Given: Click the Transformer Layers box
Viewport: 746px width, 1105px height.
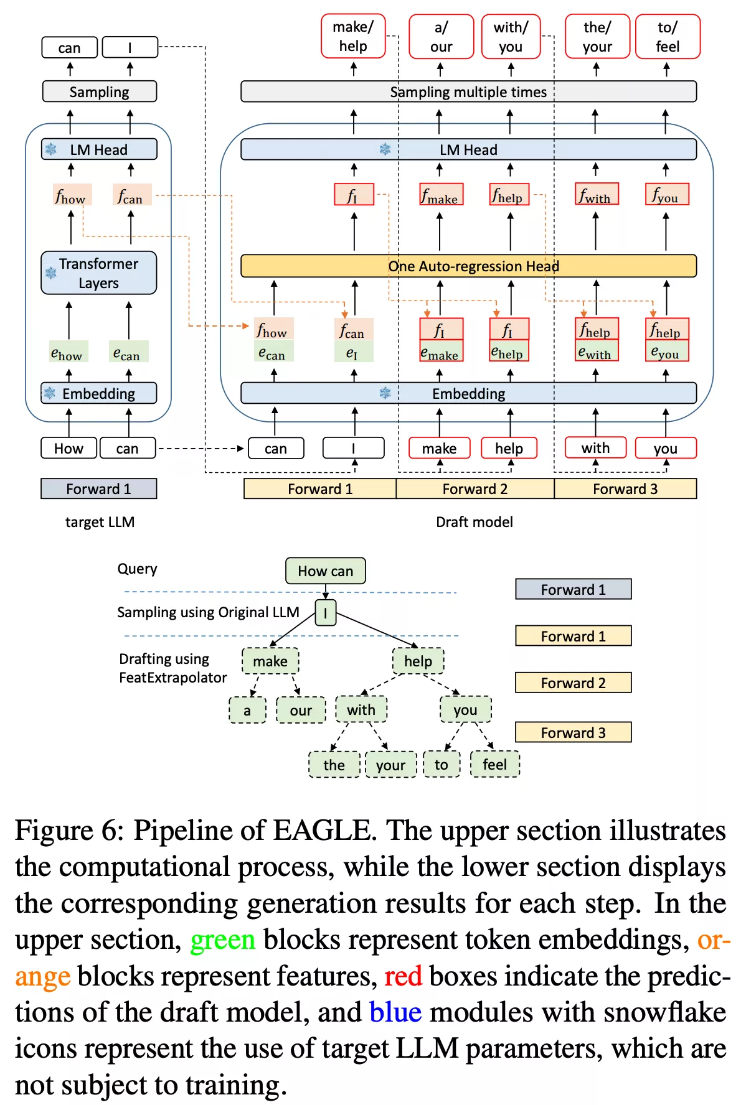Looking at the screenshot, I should (x=99, y=273).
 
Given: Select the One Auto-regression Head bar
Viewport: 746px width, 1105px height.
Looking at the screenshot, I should (x=468, y=266).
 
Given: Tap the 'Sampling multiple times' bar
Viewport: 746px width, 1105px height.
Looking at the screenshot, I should (x=468, y=91).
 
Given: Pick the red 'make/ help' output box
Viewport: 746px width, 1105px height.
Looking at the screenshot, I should (x=353, y=37).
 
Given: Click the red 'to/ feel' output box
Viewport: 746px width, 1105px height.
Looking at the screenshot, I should (x=668, y=37).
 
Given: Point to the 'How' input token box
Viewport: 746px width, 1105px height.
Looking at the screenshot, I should (x=68, y=448).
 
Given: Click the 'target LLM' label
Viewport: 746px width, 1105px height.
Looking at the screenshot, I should (x=100, y=522).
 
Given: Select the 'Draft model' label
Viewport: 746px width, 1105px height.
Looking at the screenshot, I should (x=475, y=522).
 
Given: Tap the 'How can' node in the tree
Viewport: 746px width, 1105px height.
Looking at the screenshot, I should (x=325, y=571).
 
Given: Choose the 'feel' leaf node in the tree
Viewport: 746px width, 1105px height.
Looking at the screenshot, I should (x=495, y=765).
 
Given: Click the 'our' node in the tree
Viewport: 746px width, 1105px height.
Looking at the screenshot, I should (x=301, y=711).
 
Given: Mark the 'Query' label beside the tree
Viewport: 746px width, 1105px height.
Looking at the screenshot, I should (x=137, y=569).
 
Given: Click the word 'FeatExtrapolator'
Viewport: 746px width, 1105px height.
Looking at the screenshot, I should (x=172, y=678).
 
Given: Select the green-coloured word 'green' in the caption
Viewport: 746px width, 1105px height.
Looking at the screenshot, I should (x=222, y=940).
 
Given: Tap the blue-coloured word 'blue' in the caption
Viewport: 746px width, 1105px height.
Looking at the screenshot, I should (x=395, y=1012).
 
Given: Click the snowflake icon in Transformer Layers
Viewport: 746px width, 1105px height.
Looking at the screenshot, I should (x=51, y=273).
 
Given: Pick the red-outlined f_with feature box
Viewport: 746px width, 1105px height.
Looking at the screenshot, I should (x=597, y=194).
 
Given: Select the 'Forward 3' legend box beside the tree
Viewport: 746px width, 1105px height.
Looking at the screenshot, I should (x=573, y=732).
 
